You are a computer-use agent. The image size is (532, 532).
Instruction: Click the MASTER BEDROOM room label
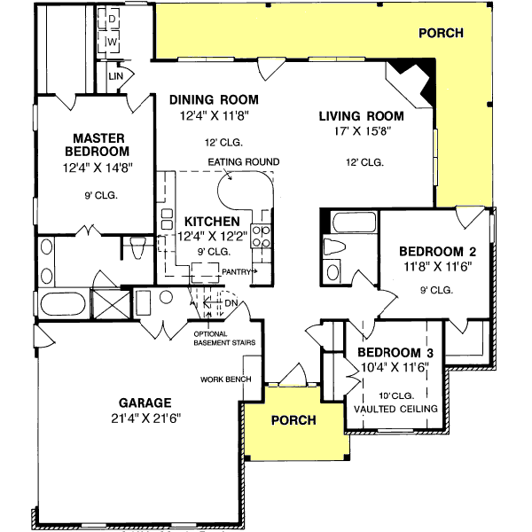point(97,145)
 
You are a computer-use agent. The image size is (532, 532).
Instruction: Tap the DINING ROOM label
point(214,100)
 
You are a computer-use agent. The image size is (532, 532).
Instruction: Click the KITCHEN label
point(212,221)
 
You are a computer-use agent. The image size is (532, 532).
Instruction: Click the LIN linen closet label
point(115,77)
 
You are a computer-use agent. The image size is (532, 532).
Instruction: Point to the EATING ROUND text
point(244,161)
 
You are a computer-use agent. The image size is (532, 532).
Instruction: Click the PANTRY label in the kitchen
point(238,271)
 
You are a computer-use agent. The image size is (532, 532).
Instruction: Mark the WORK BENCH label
point(226,379)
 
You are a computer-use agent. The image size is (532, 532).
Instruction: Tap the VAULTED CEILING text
point(396,408)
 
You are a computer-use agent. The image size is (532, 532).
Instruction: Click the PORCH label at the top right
point(441,34)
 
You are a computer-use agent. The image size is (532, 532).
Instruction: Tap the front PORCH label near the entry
point(293,419)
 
